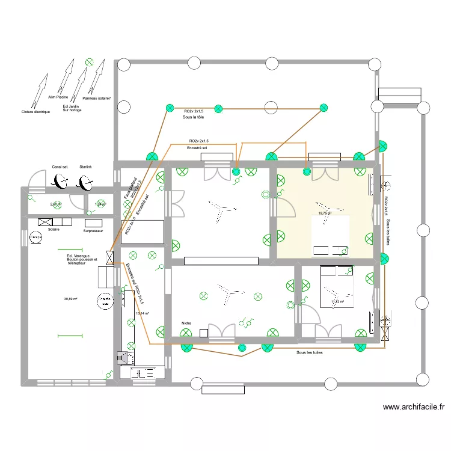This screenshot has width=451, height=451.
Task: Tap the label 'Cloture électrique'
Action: pyautogui.click(x=35, y=112)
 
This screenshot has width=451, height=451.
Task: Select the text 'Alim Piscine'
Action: pyautogui.click(x=59, y=96)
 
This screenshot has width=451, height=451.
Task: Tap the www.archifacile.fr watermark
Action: pyautogui.click(x=413, y=407)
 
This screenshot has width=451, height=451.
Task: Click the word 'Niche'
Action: pyautogui.click(x=186, y=324)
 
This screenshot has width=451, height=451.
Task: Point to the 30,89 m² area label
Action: pyautogui.click(x=72, y=299)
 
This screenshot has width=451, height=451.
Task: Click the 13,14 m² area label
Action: pyautogui.click(x=143, y=313)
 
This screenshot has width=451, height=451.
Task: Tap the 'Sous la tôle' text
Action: pyautogui.click(x=193, y=118)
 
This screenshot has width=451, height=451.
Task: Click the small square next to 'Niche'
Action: pyautogui.click(x=204, y=333)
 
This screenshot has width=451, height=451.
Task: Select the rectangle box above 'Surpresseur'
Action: pyautogui.click(x=93, y=221)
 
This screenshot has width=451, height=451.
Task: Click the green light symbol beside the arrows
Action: pyautogui.click(x=90, y=61)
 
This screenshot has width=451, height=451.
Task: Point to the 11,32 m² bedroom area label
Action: pyautogui.click(x=337, y=302)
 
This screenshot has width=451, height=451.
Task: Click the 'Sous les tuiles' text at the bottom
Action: pyautogui.click(x=309, y=353)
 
